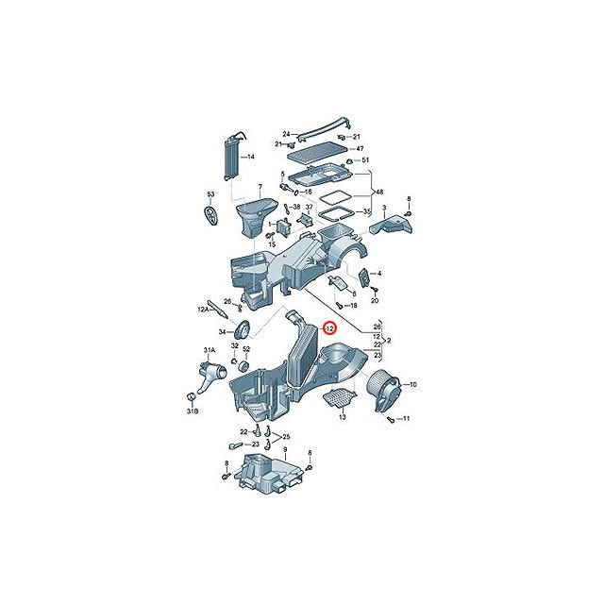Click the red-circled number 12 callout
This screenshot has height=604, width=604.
[328, 327]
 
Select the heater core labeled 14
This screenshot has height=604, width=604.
[229, 158]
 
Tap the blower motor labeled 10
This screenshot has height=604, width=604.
[387, 387]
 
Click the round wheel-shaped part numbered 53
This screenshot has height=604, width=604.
[211, 215]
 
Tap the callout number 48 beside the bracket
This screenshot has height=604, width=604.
[380, 193]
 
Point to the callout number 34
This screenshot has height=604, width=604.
[223, 332]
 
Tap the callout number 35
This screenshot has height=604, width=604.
[367, 214]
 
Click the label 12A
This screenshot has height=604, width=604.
[203, 309]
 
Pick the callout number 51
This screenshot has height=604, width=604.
[365, 161]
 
